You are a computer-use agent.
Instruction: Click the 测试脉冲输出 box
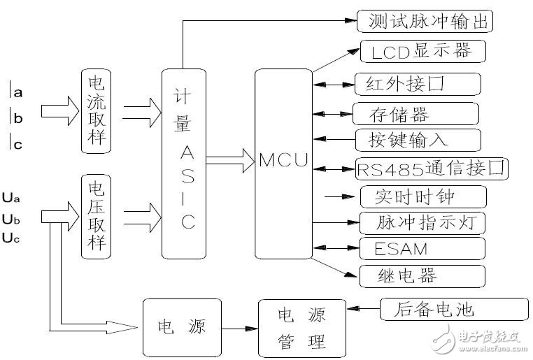click(x=425, y=21)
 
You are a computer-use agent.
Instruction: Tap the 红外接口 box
click(x=418, y=84)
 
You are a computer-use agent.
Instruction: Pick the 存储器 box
click(x=415, y=113)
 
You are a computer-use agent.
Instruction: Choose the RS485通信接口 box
click(x=432, y=168)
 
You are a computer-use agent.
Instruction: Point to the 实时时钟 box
click(x=422, y=196)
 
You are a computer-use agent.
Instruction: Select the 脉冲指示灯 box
click(x=422, y=223)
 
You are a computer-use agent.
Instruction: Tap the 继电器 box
click(x=422, y=275)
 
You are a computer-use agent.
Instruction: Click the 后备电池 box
click(x=454, y=309)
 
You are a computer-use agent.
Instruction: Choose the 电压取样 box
click(x=97, y=216)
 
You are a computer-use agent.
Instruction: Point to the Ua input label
click(x=12, y=198)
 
